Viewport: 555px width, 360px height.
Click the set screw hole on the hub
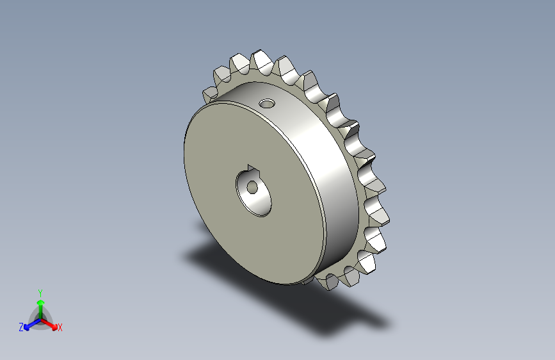[x=267, y=104]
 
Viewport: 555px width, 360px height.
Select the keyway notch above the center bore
[x=253, y=170]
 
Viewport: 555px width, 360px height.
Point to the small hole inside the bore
[x=252, y=187]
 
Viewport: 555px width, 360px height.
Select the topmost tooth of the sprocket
[x=261, y=61]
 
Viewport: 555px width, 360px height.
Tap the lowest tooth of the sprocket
[x=327, y=282]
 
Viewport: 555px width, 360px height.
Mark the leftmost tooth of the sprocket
[x=210, y=95]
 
